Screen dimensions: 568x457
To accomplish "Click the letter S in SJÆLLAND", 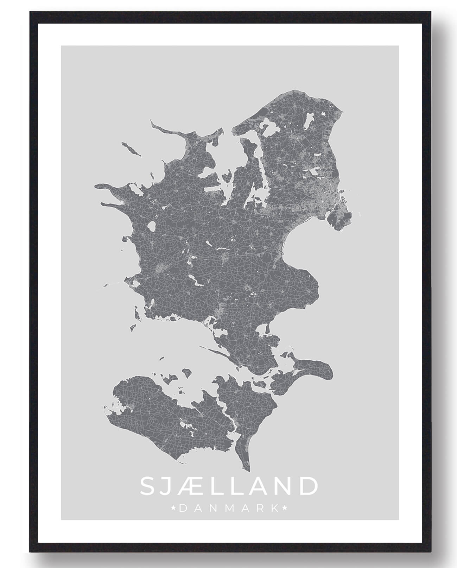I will pyautogui.click(x=148, y=486).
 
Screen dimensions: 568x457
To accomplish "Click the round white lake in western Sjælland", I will pyautogui.click(x=152, y=226).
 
